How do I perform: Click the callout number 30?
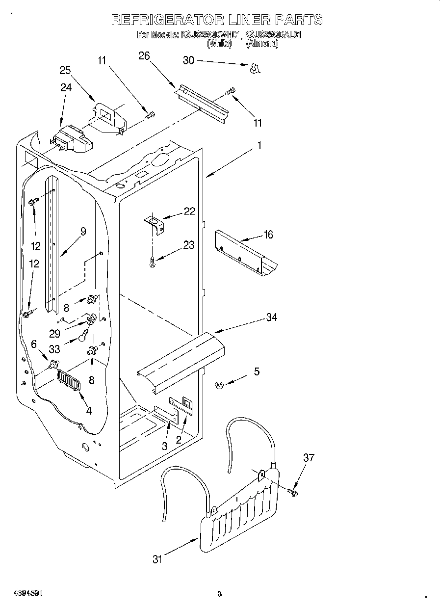coord(189,60)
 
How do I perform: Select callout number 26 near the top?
coord(144,56)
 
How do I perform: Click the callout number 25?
coord(65,70)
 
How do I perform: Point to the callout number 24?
coord(66,88)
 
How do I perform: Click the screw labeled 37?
coord(293,491)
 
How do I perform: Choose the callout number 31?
coord(156,559)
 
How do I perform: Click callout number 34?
coord(271,317)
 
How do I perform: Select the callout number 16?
coord(268,235)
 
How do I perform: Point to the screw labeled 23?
coord(152,263)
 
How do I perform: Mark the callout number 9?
coord(83,232)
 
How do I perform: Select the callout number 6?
coord(34,344)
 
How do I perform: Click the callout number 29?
coord(55,333)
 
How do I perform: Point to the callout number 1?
coord(259,146)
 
